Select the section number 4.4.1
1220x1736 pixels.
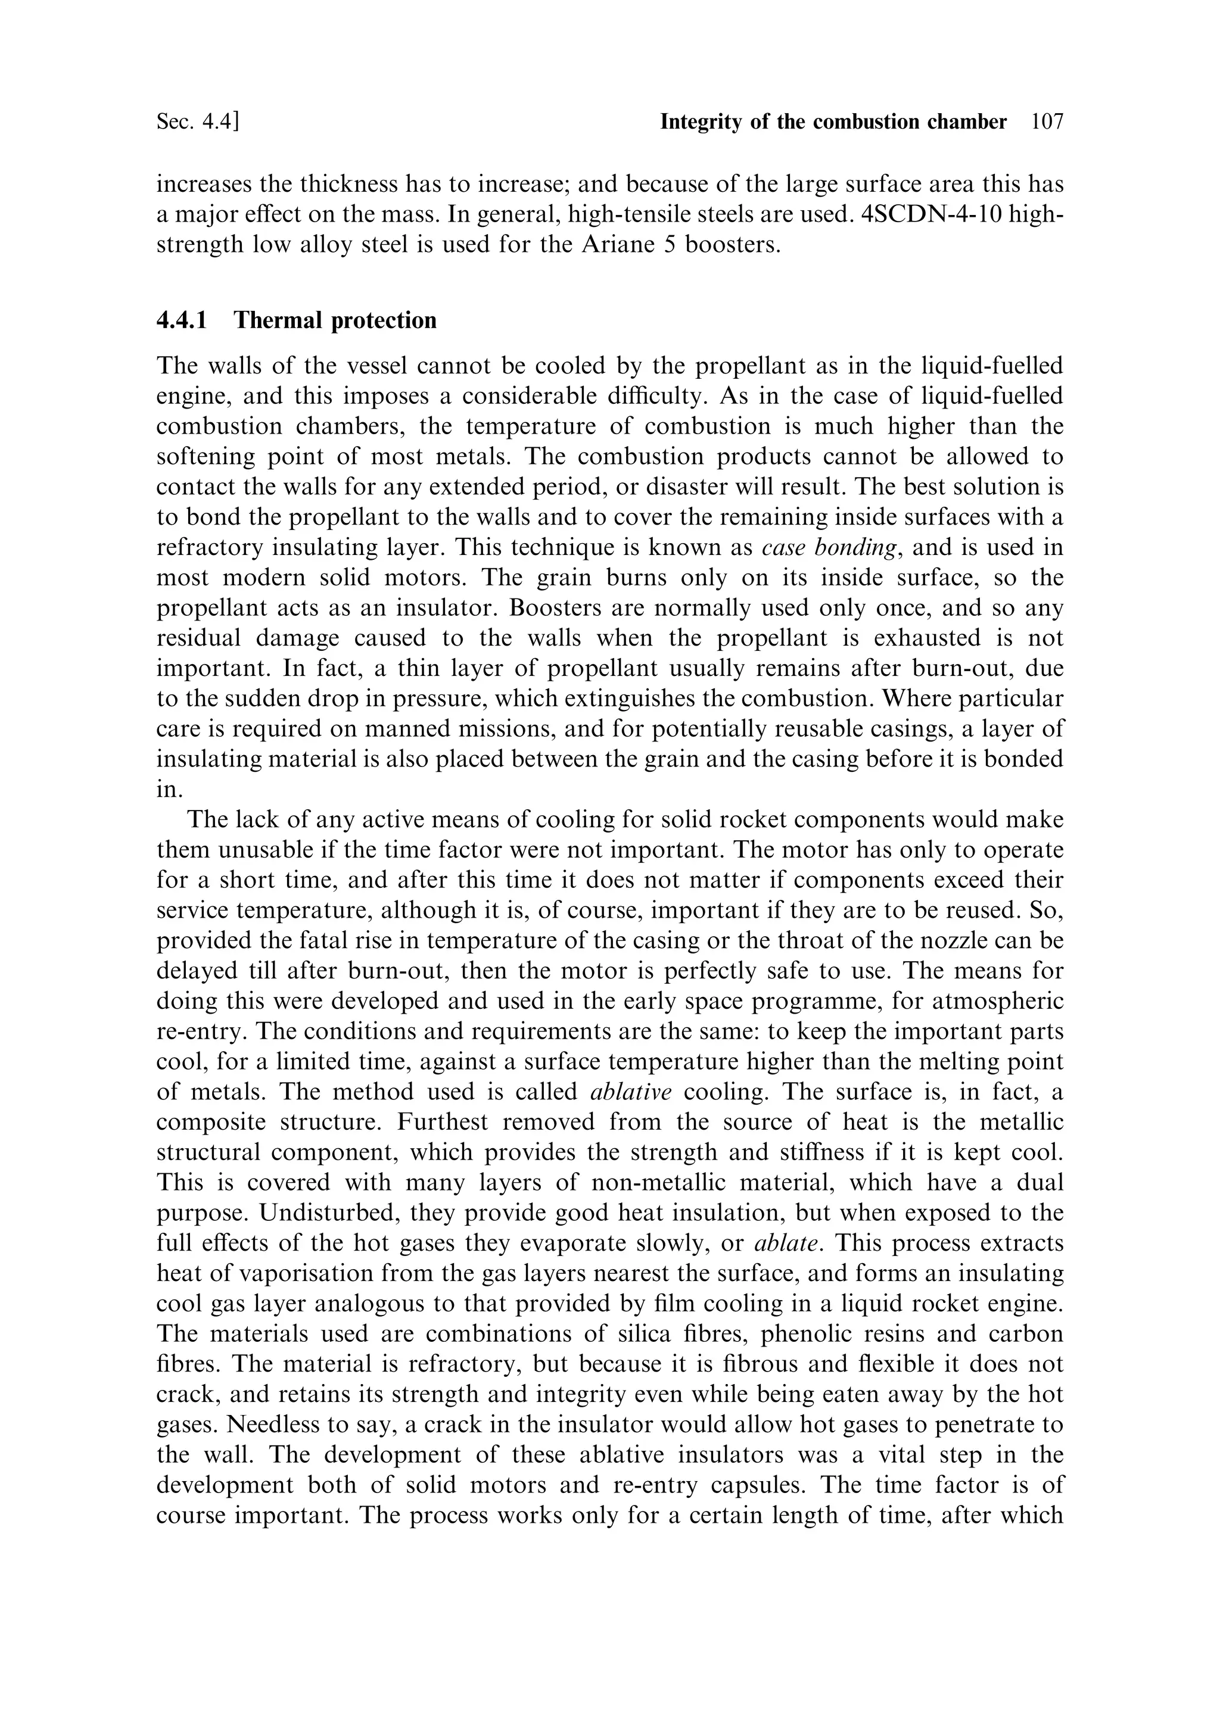click(182, 320)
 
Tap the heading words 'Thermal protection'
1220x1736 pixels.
click(335, 320)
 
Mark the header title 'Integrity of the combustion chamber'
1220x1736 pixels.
click(833, 121)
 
